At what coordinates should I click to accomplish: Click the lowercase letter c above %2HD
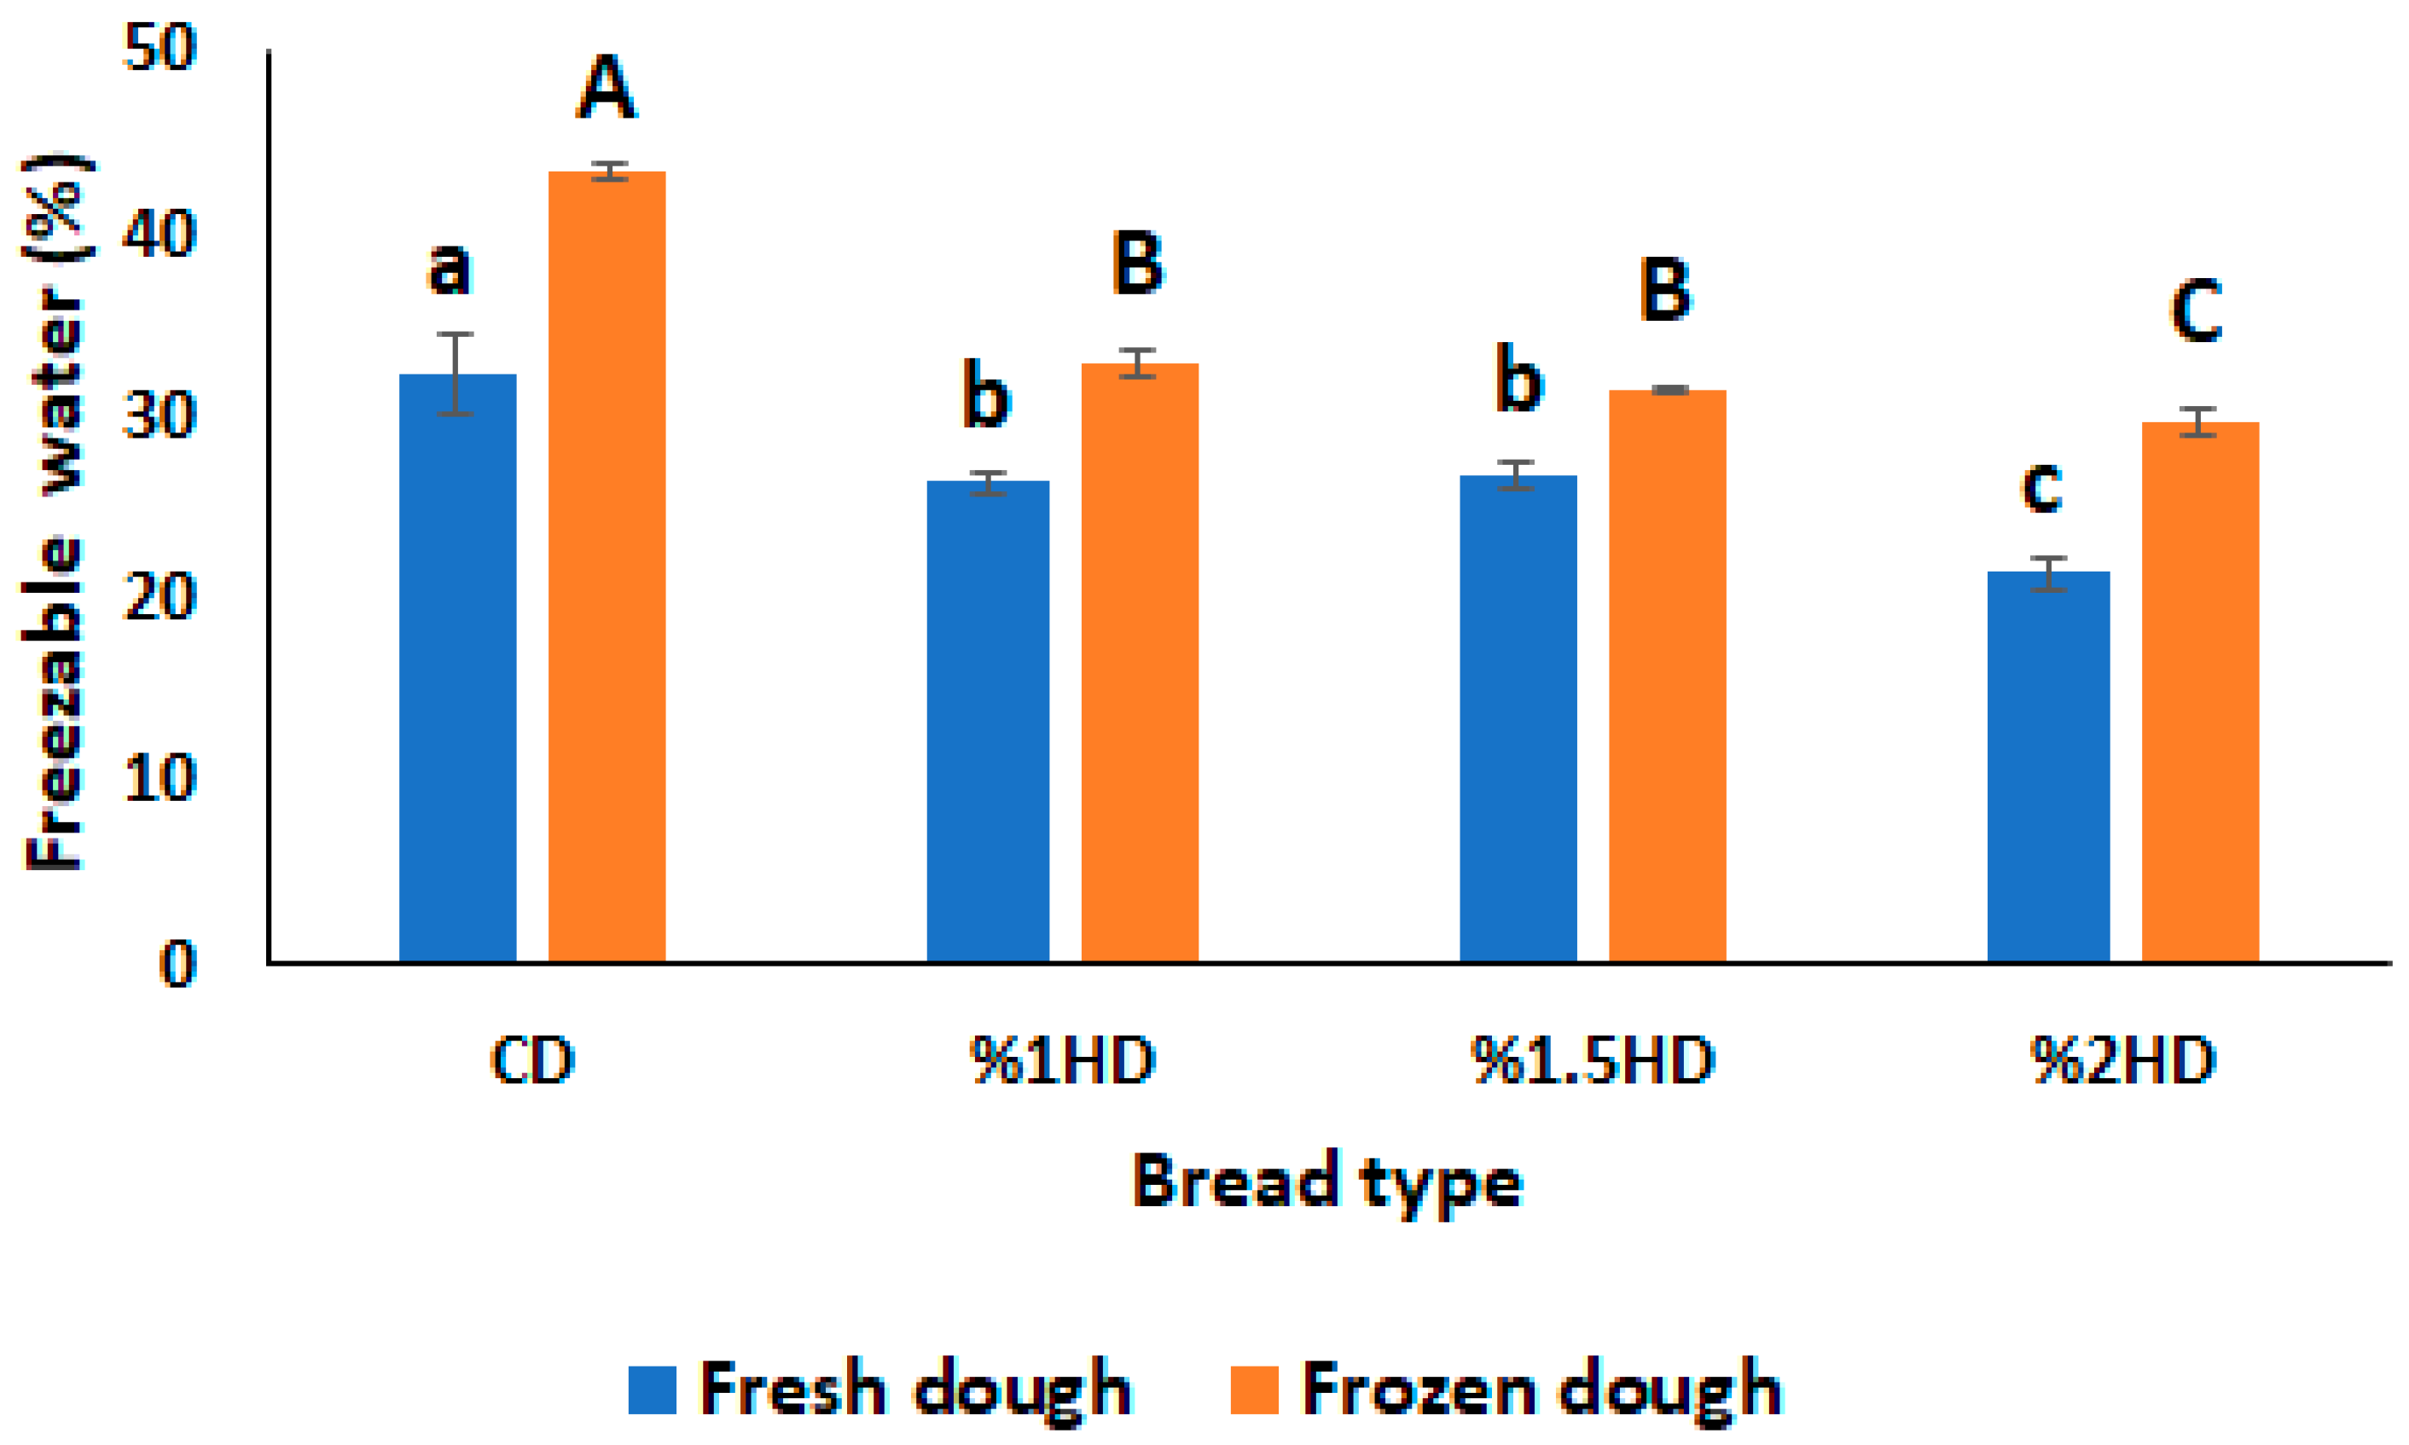click(2042, 486)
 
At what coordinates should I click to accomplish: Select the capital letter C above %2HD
click(2196, 310)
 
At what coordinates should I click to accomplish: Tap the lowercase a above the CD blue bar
click(449, 268)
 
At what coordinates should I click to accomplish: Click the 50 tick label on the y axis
click(160, 46)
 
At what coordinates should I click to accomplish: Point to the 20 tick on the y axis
click(160, 597)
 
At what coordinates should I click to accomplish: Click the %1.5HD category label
click(1592, 1060)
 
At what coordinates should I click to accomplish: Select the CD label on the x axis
click(531, 1060)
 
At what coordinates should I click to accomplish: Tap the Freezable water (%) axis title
click(55, 511)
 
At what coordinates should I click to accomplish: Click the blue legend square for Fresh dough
click(652, 1390)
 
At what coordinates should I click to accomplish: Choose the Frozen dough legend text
click(1541, 1390)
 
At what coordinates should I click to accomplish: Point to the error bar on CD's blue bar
click(455, 374)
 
